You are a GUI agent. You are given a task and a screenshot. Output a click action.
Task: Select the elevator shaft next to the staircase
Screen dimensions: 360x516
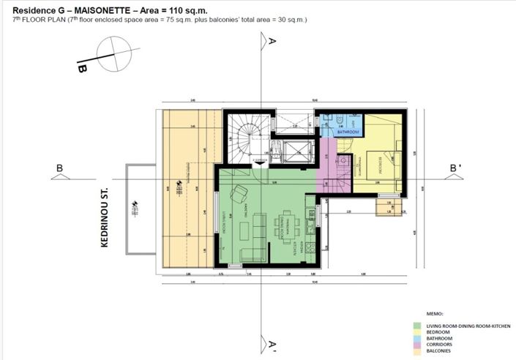(295, 151)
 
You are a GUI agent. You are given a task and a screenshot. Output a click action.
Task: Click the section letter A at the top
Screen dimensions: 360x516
(272, 42)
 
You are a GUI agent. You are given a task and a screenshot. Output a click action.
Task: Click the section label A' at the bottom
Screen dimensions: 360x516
(272, 344)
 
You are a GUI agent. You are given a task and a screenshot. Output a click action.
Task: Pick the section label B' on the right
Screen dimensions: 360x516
(455, 168)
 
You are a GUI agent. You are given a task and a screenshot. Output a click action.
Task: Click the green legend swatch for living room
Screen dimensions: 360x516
(416, 325)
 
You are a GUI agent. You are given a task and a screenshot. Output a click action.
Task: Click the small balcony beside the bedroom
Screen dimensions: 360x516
(386, 208)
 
